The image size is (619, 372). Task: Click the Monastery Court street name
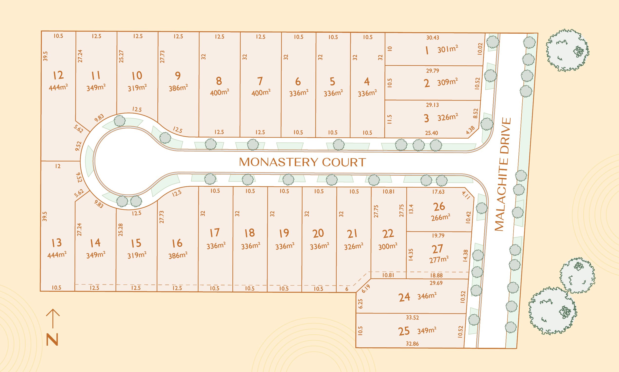pyautogui.click(x=302, y=162)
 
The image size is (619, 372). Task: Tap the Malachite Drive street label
pyautogui.click(x=503, y=174)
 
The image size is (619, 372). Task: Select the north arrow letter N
pyautogui.click(x=52, y=340)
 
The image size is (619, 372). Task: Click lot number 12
pyautogui.click(x=58, y=75)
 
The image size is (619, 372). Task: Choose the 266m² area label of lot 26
pyautogui.click(x=440, y=217)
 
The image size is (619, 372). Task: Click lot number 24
pyautogui.click(x=404, y=297)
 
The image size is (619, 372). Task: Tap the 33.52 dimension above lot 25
pyautogui.click(x=412, y=318)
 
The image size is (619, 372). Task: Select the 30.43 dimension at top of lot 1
pyautogui.click(x=433, y=38)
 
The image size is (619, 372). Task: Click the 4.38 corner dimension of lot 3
pyautogui.click(x=471, y=130)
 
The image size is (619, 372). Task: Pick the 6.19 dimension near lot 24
pyautogui.click(x=366, y=289)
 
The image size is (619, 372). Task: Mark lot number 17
pyautogui.click(x=215, y=233)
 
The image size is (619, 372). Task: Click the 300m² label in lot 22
pyautogui.click(x=388, y=246)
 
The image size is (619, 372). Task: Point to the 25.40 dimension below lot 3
pyautogui.click(x=431, y=133)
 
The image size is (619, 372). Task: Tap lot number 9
pyautogui.click(x=178, y=75)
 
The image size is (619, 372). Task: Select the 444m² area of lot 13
pyautogui.click(x=57, y=255)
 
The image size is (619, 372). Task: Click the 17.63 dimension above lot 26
pyautogui.click(x=438, y=192)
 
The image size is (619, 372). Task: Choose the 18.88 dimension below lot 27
pyautogui.click(x=436, y=275)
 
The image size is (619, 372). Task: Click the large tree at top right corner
pyautogui.click(x=567, y=50)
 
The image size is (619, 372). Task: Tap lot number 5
pyautogui.click(x=332, y=81)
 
